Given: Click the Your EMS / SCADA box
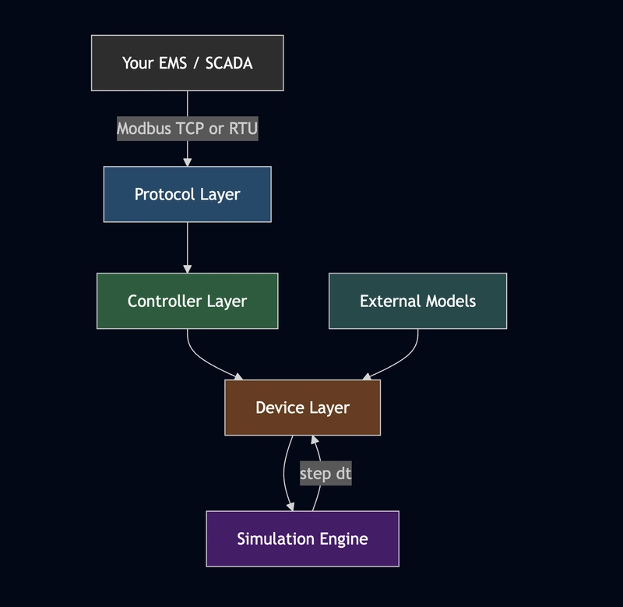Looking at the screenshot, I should click(187, 63).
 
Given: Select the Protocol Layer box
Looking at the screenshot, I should click(187, 194).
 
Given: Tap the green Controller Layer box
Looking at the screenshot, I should click(187, 301).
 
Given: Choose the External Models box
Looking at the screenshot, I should click(417, 301).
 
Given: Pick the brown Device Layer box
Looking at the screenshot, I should click(302, 408).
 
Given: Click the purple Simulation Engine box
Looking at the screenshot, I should click(302, 538).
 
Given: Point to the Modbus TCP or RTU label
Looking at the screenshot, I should click(187, 129).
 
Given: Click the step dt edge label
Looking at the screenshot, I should click(326, 473).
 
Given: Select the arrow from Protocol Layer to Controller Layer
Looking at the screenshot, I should click(187, 247).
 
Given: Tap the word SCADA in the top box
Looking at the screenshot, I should click(229, 63).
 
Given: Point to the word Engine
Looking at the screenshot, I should click(343, 538).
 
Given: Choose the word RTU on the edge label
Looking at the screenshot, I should click(242, 129).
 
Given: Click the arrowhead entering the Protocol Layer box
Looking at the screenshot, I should click(187, 161).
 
